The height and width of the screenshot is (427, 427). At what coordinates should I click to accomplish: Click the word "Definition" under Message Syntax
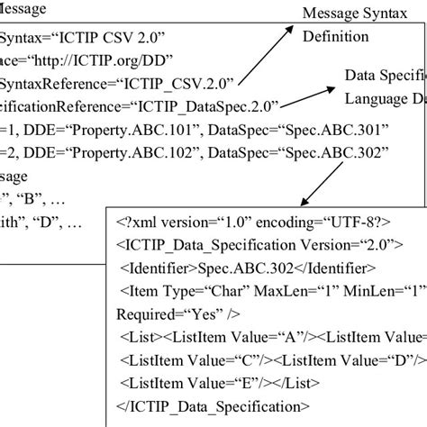click(x=336, y=37)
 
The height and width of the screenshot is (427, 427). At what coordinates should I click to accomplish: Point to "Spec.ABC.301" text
click(x=337, y=128)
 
